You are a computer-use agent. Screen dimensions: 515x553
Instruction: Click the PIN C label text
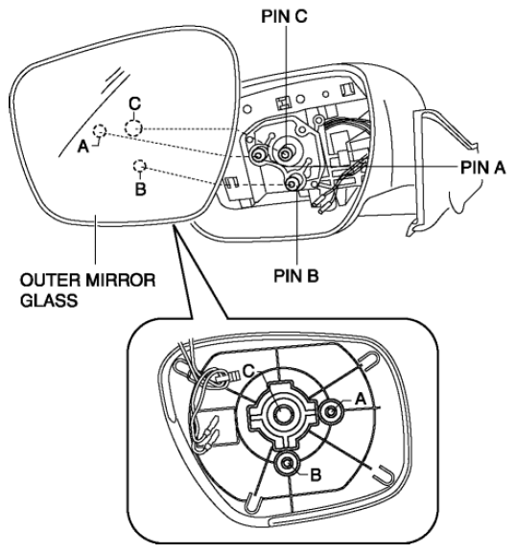(284, 16)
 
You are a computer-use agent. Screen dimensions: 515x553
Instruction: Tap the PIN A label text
(483, 168)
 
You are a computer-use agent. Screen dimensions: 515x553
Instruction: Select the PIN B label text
(296, 275)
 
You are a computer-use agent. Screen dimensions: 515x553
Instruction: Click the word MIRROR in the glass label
(121, 281)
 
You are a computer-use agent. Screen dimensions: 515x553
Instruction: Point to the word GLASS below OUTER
(49, 301)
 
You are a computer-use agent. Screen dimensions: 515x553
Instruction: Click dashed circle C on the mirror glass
(133, 127)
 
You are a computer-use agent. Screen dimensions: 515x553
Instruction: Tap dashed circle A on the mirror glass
(100, 131)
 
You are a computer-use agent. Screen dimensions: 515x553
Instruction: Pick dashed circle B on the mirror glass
(140, 166)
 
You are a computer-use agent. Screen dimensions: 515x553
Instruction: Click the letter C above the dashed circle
(135, 104)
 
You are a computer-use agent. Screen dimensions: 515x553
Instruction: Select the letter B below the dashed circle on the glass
(140, 190)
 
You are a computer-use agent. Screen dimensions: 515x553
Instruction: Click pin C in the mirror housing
(285, 153)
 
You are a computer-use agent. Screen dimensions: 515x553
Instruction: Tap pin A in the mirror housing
(258, 154)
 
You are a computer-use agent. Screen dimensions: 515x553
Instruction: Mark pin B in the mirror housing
(293, 183)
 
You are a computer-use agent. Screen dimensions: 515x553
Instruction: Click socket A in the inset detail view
(331, 411)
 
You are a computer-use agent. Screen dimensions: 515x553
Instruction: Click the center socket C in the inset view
(281, 413)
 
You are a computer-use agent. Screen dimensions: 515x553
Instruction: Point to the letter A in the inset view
(361, 400)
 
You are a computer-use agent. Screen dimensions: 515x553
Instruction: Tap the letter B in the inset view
(316, 474)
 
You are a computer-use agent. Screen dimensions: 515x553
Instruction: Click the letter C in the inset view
(249, 371)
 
